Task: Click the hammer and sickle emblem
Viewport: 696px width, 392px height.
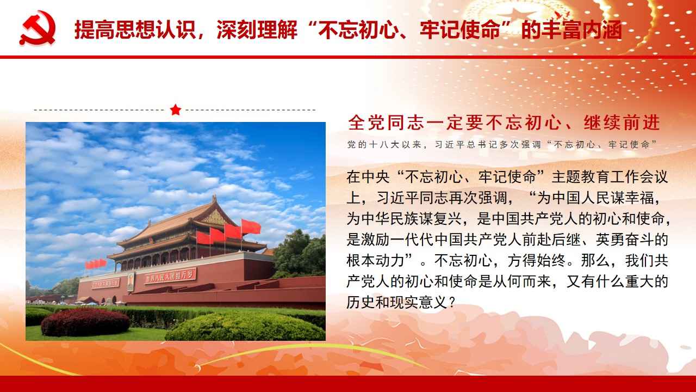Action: click(38, 28)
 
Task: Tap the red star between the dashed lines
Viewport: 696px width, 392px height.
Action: click(176, 109)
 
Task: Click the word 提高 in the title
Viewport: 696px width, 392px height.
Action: click(95, 30)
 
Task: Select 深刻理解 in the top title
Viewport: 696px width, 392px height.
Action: click(257, 30)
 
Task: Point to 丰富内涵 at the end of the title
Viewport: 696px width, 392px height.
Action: click(582, 30)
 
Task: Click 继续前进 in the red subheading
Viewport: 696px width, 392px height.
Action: click(622, 122)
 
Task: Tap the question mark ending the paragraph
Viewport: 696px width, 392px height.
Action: click(452, 302)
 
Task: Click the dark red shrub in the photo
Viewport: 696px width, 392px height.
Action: click(85, 322)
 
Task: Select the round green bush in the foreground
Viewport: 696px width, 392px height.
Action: click(245, 327)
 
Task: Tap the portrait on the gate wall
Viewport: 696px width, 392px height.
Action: click(131, 282)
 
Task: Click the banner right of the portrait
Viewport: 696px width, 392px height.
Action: click(170, 275)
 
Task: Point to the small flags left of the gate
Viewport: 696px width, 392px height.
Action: click(96, 264)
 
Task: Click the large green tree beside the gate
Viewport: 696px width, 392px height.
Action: click(299, 254)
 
